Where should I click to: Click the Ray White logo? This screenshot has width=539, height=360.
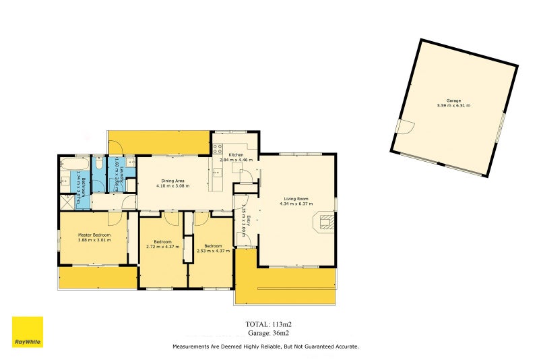(x=27, y=332)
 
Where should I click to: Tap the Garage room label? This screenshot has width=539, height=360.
(x=453, y=100)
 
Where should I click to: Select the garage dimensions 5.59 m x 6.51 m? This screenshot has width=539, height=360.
(x=453, y=106)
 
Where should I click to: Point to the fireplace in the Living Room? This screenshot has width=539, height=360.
(x=326, y=222)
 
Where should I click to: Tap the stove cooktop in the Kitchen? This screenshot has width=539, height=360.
(x=218, y=150)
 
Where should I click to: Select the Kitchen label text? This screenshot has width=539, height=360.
(x=236, y=155)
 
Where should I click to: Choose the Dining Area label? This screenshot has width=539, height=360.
(x=170, y=181)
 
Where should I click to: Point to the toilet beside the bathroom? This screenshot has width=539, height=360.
(x=98, y=165)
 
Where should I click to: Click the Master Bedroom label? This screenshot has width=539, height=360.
(x=93, y=235)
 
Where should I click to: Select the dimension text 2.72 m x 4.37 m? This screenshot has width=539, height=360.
(x=162, y=247)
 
